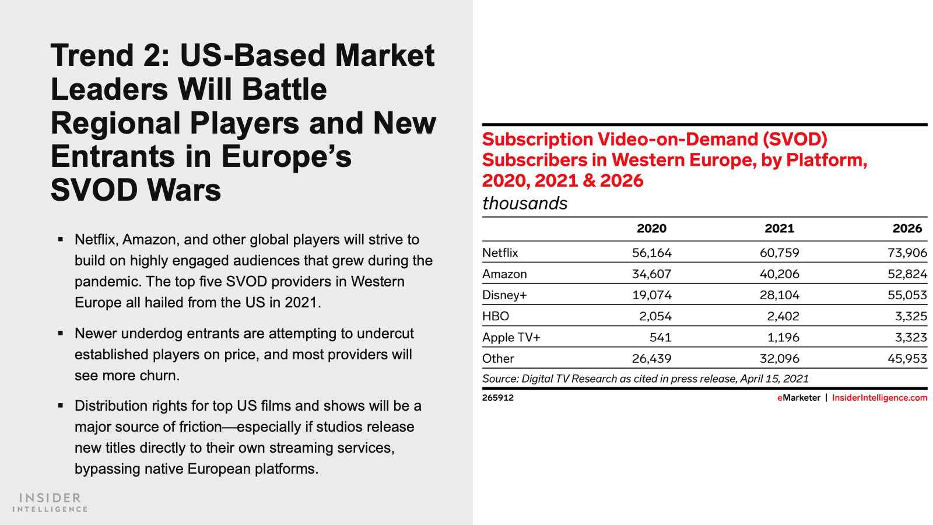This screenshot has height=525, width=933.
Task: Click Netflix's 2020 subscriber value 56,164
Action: point(651,253)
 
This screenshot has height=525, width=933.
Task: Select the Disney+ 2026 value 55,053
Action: point(907,295)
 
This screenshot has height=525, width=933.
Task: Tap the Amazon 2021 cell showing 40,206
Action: point(779,274)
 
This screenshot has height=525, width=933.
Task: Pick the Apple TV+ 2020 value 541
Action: point(660,338)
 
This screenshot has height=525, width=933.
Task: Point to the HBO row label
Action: point(496,316)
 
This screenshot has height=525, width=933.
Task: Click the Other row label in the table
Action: point(498,359)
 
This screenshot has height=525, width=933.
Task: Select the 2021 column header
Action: point(779,229)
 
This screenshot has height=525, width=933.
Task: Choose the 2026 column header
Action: point(907,229)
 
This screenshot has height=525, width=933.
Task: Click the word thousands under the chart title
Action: point(525,204)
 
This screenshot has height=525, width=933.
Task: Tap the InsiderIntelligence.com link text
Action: point(879,398)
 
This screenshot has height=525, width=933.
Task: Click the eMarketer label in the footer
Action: point(798,398)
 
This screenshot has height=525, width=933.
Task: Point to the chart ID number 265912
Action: point(498,398)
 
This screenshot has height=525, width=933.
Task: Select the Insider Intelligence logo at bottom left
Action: point(50,502)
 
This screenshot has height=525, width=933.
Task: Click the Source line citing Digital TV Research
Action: point(645,379)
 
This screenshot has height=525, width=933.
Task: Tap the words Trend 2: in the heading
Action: point(110,56)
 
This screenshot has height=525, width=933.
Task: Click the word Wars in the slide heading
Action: point(184,190)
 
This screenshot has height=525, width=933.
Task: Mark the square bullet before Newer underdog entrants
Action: point(61,333)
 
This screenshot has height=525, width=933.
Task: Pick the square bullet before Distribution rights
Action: point(61,405)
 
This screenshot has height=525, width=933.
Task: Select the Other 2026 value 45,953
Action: point(907,359)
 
